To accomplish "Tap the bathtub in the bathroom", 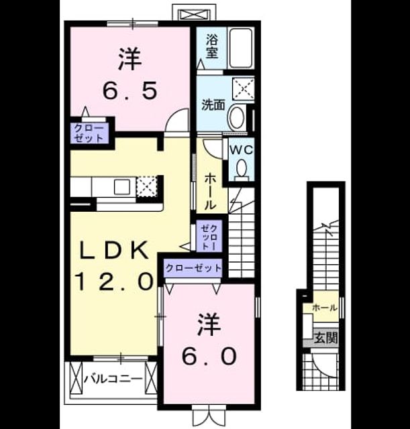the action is [240, 48].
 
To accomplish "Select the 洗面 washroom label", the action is [213, 105].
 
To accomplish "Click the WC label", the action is [242, 149].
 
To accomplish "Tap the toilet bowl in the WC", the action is [242, 169].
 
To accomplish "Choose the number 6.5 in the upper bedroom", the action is [130, 91].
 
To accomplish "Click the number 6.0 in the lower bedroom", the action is [209, 356].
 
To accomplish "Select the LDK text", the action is [114, 250].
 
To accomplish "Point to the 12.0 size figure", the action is [114, 282].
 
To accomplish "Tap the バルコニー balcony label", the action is [113, 379].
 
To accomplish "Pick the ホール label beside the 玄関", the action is [325, 308].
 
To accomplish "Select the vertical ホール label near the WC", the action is [210, 191].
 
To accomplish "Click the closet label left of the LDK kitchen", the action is [89, 133].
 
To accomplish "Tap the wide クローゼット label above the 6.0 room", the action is [193, 268].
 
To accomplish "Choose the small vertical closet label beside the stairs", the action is [209, 237].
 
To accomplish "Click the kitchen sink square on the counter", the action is [122, 186].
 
